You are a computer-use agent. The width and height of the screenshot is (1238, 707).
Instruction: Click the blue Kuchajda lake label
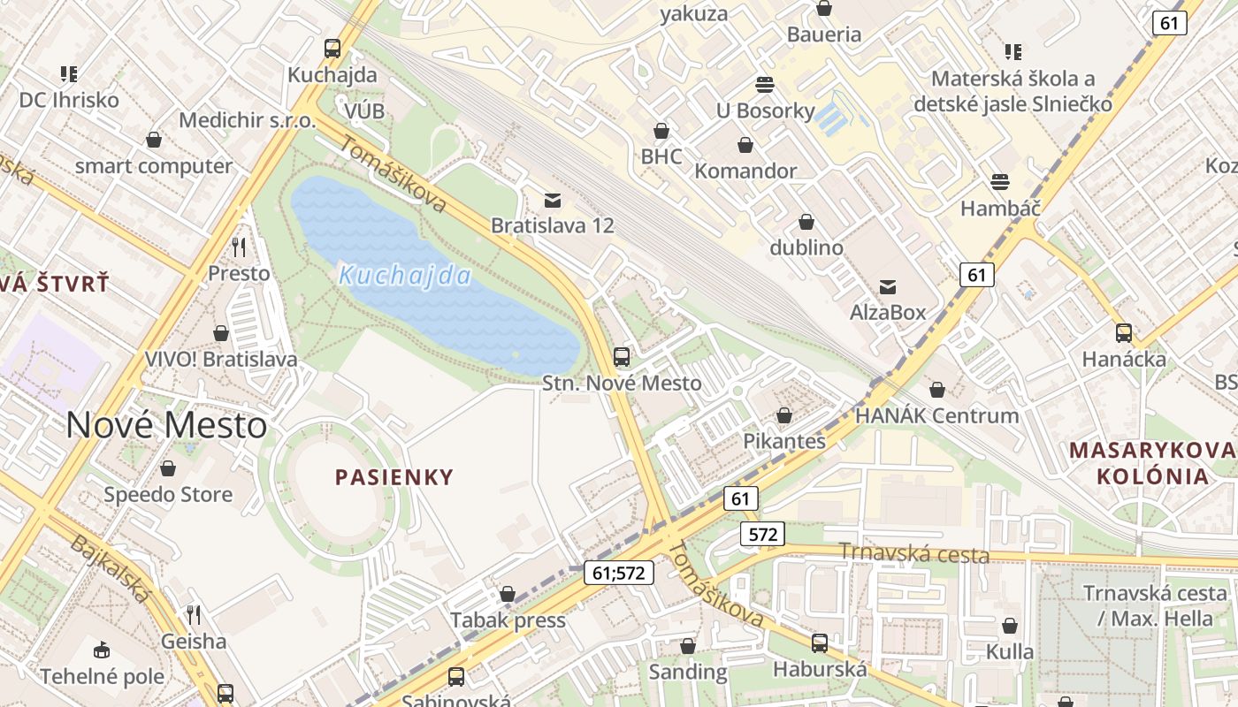406,275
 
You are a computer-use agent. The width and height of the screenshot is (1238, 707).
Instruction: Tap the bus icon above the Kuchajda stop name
332,49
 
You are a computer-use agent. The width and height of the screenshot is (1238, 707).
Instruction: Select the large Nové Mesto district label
166,425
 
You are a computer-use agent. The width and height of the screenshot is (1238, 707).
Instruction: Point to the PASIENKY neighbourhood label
394,477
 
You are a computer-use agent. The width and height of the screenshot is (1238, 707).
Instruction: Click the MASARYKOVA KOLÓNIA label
1152,463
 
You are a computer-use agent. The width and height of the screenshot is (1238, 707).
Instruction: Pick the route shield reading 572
761,534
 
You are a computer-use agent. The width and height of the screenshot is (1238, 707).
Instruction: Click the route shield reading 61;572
618,573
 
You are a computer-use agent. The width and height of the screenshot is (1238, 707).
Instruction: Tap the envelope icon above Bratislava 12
553,201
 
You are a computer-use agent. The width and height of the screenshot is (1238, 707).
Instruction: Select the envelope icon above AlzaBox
888,287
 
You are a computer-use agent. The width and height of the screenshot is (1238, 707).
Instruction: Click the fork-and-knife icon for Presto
239,247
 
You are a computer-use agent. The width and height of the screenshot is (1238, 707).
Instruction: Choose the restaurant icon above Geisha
194,614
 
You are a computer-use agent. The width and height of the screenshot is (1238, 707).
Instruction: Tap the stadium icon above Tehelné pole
102,650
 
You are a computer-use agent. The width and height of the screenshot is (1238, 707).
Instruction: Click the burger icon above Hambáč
1000,182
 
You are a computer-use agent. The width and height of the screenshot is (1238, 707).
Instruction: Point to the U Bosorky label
765,110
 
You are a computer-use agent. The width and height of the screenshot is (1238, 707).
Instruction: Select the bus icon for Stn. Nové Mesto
622,357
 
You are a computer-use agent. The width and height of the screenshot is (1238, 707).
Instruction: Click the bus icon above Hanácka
1124,333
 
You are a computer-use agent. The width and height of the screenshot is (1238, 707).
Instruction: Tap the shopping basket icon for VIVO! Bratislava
221,333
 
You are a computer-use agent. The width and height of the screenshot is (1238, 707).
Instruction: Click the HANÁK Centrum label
936,415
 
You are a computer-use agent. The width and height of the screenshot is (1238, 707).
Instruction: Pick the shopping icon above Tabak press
508,594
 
